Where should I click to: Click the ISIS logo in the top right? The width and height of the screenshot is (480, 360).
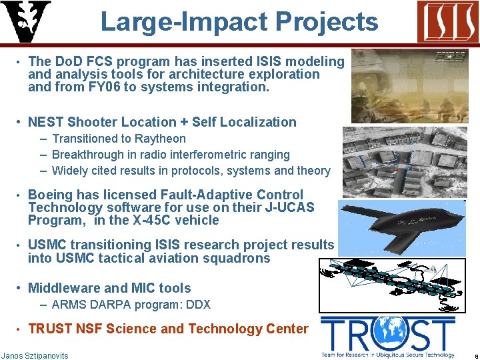pyautogui.click(x=447, y=21)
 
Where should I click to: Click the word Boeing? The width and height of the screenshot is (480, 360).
pyautogui.click(x=51, y=195)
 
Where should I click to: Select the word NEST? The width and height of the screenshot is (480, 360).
pyautogui.click(x=45, y=122)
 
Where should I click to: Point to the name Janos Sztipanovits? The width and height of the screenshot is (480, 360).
pyautogui.click(x=35, y=355)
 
